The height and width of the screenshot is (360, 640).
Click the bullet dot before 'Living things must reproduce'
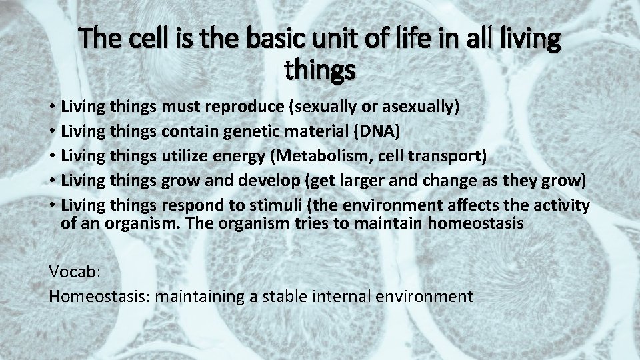coord(52,107)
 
